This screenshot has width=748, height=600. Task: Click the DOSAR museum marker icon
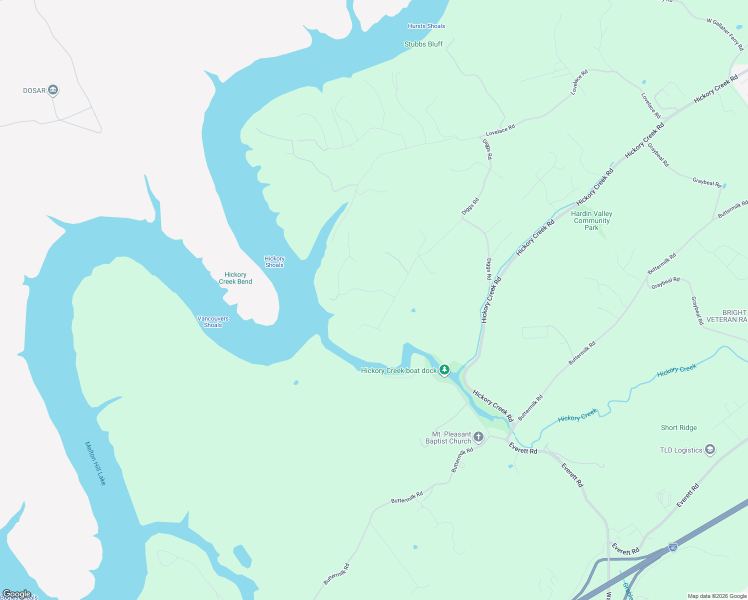53,90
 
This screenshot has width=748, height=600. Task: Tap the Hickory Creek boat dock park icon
444,370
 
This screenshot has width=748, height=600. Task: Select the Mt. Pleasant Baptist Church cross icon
478,437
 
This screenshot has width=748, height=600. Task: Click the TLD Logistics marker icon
710,449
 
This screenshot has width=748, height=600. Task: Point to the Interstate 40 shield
673,547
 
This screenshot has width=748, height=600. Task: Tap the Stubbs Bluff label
423,44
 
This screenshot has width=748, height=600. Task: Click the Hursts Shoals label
426,26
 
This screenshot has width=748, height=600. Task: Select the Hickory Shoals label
274,262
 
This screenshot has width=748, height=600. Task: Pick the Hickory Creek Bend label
235,278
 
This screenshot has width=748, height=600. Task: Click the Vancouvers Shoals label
213,321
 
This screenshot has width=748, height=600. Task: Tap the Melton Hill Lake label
95,463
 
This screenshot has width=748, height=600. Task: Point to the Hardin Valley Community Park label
591,220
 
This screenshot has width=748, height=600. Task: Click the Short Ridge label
678,427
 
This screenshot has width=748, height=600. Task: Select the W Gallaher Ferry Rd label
725,34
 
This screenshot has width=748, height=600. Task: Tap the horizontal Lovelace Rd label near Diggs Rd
500,130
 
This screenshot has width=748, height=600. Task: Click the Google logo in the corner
16,594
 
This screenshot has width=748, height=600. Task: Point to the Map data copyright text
717,596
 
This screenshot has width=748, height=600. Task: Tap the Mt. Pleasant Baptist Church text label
448,437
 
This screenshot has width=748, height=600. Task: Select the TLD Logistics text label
681,450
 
